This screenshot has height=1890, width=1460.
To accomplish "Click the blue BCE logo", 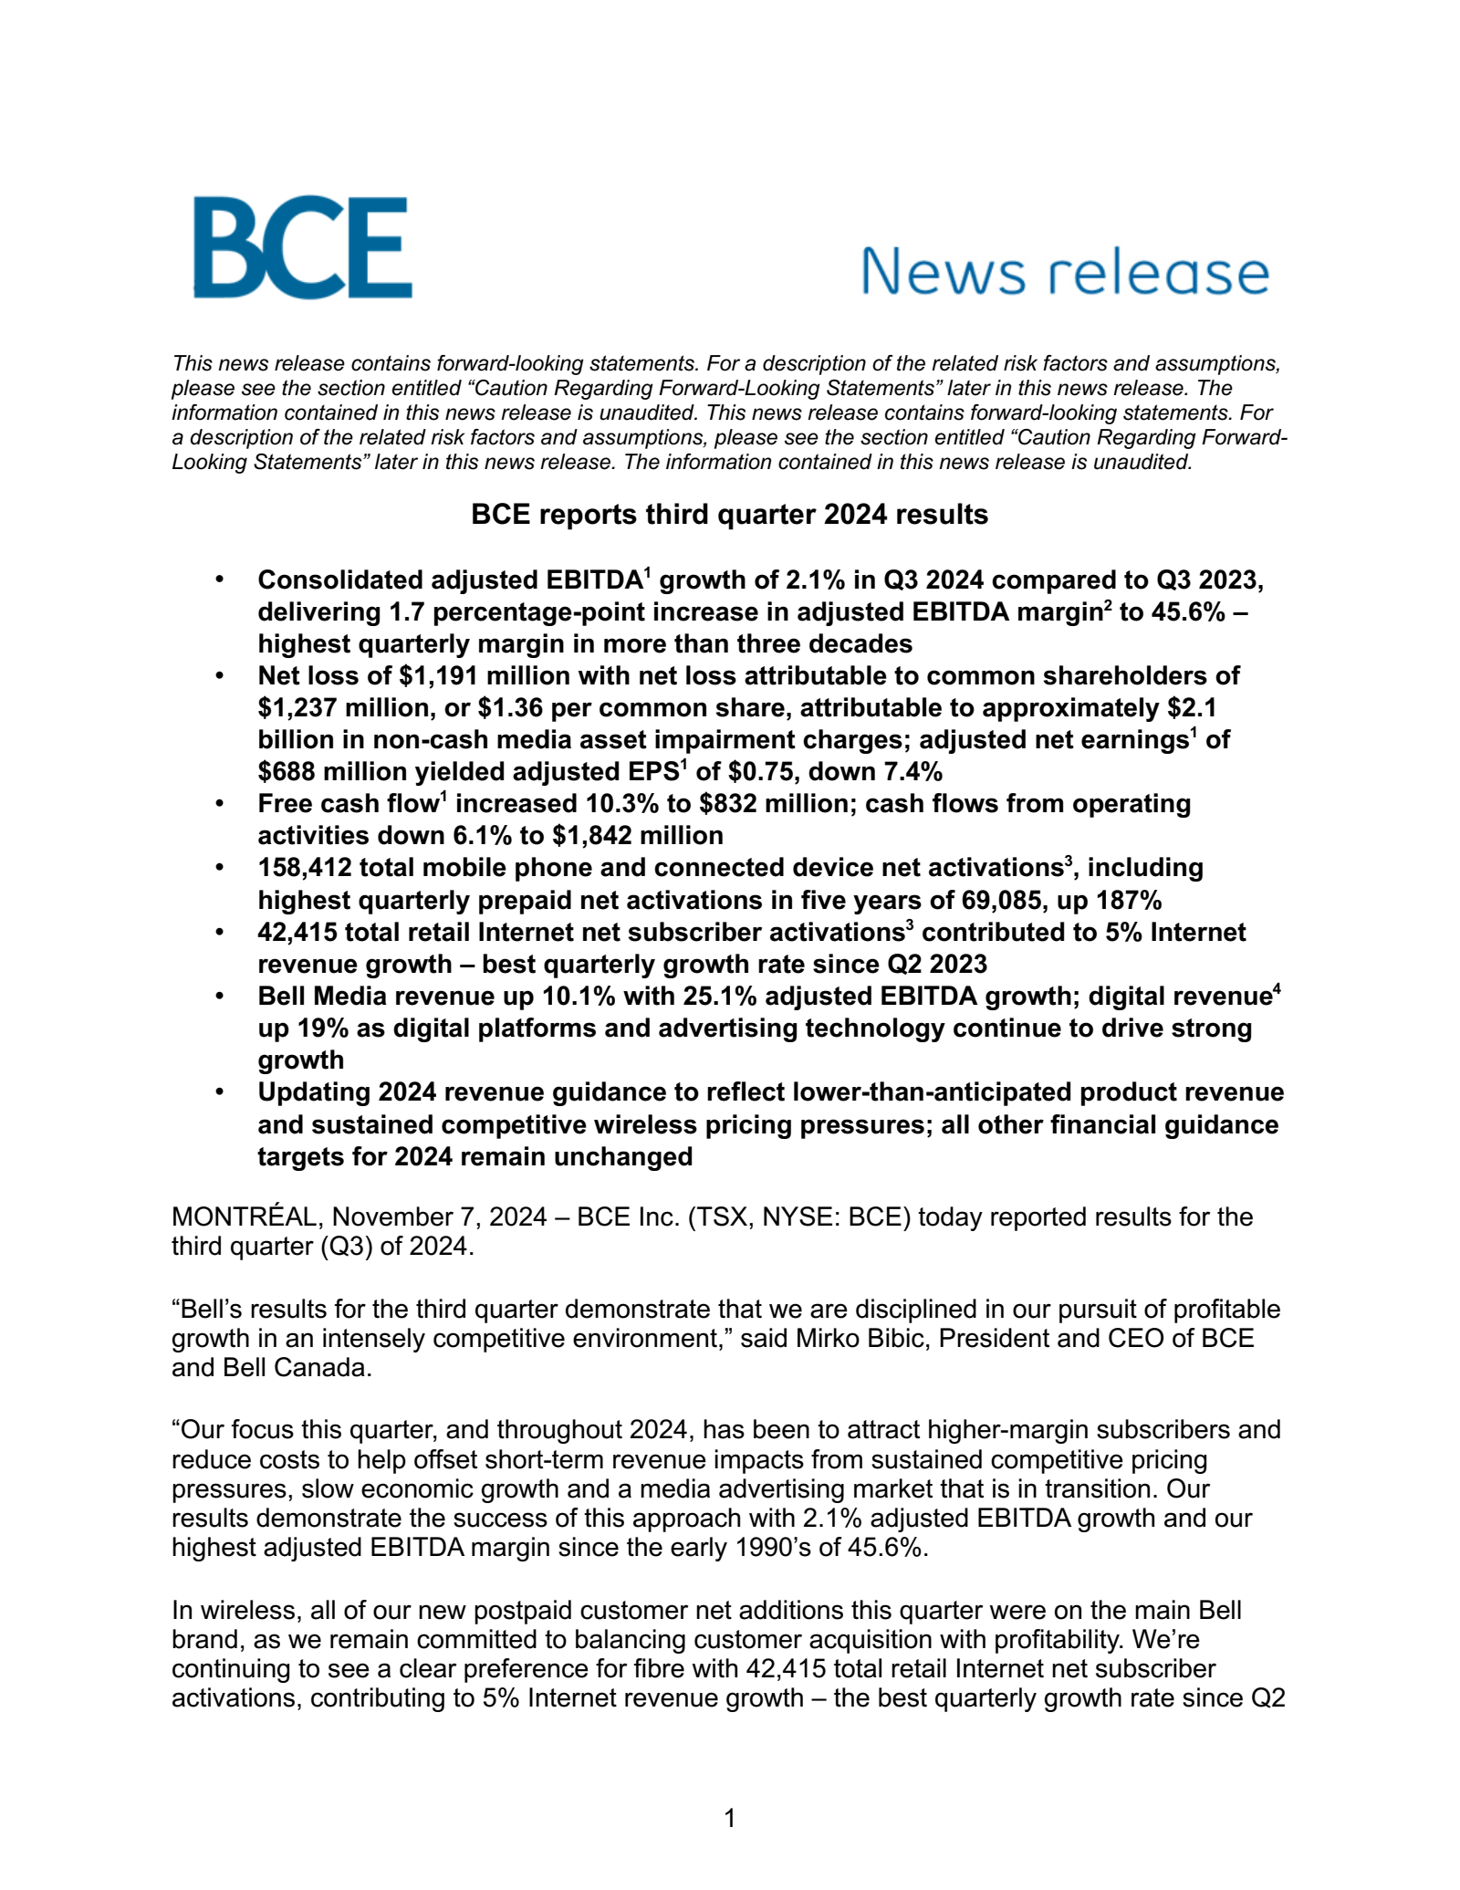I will click(302, 247).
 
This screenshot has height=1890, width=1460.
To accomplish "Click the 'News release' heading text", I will click(1065, 272).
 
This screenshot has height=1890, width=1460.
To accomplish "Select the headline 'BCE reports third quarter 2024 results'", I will click(729, 515).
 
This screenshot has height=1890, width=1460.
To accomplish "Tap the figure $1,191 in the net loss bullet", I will click(433, 675).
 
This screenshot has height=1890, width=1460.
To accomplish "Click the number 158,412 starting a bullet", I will click(305, 868).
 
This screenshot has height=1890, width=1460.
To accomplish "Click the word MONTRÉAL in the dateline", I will click(245, 1217).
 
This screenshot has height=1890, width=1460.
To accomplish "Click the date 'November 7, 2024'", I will click(439, 1217).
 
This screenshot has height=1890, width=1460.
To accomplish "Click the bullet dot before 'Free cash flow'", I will click(219, 805).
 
